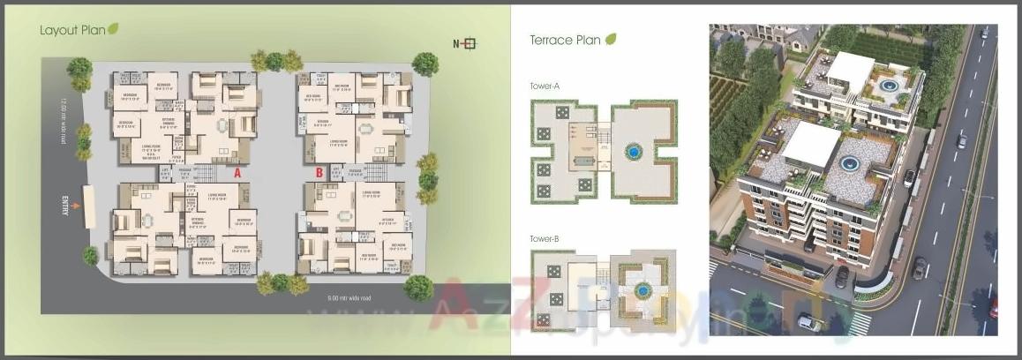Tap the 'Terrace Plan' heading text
point(565,40)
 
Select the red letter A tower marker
point(237,174)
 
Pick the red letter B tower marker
point(319,174)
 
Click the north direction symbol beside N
point(470,43)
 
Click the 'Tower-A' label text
point(545,86)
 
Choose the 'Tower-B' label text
point(545,238)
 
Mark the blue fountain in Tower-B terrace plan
point(643,289)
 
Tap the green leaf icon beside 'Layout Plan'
point(113,29)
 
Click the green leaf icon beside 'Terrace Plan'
point(611,39)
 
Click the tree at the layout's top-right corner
point(425,64)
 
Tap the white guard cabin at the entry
point(89,206)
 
